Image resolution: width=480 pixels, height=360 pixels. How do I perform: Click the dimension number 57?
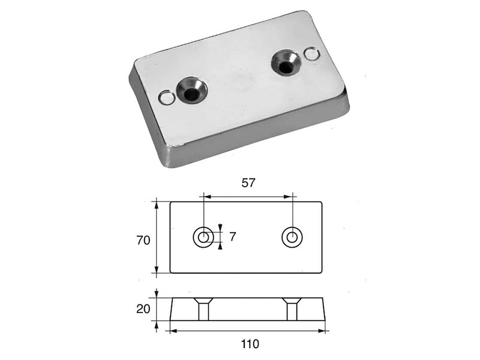point(248,183)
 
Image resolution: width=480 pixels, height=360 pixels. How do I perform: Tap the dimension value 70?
point(143,241)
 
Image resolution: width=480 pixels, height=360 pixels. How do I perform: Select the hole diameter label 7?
point(233,236)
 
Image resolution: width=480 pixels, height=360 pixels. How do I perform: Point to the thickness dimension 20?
point(143,309)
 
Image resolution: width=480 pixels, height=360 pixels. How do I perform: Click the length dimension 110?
point(250,344)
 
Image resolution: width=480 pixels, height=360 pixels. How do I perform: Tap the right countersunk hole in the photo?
point(286,63)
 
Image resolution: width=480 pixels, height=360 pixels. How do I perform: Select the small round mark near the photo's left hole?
point(167,98)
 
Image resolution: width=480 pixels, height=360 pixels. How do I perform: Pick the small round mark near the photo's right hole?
point(312,55)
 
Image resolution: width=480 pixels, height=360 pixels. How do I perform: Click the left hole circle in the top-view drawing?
point(203,237)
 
